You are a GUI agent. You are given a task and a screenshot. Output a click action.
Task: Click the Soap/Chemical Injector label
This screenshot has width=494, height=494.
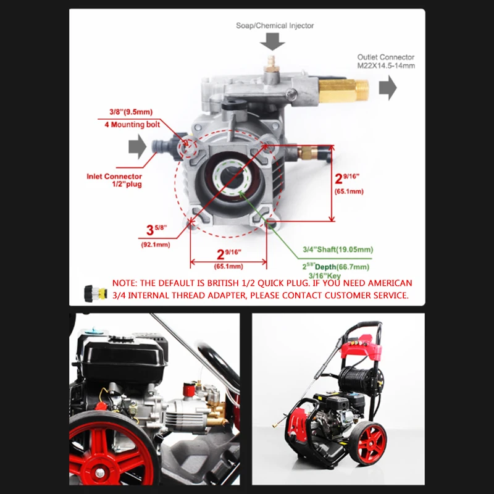(275, 25)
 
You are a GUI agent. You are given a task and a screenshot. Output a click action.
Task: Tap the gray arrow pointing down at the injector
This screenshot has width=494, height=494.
(272, 41)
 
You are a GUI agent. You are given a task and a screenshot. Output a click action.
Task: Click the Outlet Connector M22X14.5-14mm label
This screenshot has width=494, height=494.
(386, 61)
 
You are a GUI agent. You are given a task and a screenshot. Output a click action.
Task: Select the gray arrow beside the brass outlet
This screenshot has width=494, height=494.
(388, 88)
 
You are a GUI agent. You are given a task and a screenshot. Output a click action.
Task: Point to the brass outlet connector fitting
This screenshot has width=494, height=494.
(344, 90)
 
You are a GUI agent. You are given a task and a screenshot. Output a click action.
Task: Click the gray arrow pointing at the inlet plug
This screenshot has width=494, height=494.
(137, 146)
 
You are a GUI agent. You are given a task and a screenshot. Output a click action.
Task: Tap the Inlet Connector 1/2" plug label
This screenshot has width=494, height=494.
(114, 180)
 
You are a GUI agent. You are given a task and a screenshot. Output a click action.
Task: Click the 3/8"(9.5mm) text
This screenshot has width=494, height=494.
(131, 112)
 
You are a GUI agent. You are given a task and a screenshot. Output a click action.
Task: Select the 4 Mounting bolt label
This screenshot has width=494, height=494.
(132, 125)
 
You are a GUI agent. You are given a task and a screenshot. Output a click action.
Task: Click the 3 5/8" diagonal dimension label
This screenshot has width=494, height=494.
(156, 230)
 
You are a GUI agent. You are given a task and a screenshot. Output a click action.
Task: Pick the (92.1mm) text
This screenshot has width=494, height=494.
(156, 245)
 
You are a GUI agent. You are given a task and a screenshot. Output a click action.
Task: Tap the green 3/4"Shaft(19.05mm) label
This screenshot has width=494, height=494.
(338, 249)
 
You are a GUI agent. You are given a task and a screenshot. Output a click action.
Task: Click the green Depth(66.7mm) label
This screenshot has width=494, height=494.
(342, 267)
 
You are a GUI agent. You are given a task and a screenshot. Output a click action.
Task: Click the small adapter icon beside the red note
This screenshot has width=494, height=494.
(96, 293)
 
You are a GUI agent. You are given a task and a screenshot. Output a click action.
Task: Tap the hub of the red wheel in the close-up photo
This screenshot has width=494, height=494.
(100, 472)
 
